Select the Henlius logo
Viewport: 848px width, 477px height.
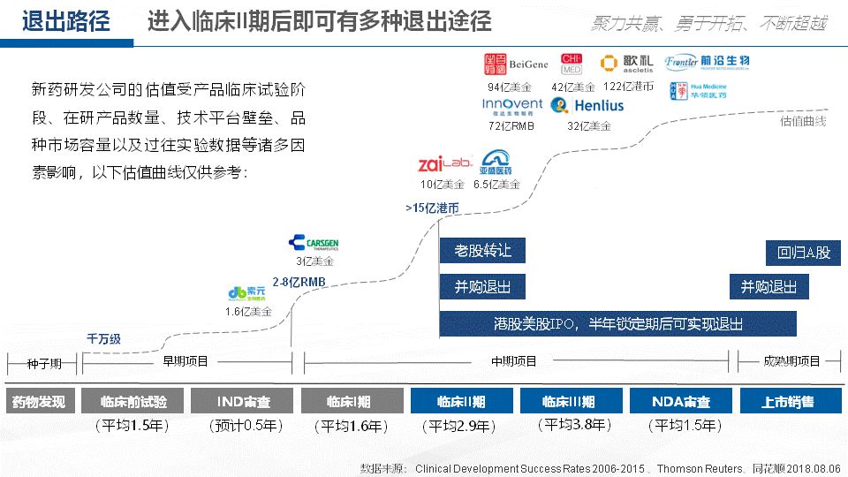(587, 106)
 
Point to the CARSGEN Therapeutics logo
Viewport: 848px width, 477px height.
(314, 243)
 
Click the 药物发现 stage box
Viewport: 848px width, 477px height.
(38, 401)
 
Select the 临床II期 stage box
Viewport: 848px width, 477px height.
(460, 401)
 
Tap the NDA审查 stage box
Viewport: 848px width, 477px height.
(680, 401)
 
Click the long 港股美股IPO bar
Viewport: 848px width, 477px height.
(617, 323)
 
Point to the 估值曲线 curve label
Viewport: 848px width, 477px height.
(803, 121)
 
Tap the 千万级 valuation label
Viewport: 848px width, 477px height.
(103, 338)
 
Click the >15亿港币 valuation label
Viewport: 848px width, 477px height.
(432, 208)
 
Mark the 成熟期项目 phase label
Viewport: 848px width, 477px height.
(791, 361)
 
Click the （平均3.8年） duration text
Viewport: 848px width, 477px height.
(573, 425)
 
